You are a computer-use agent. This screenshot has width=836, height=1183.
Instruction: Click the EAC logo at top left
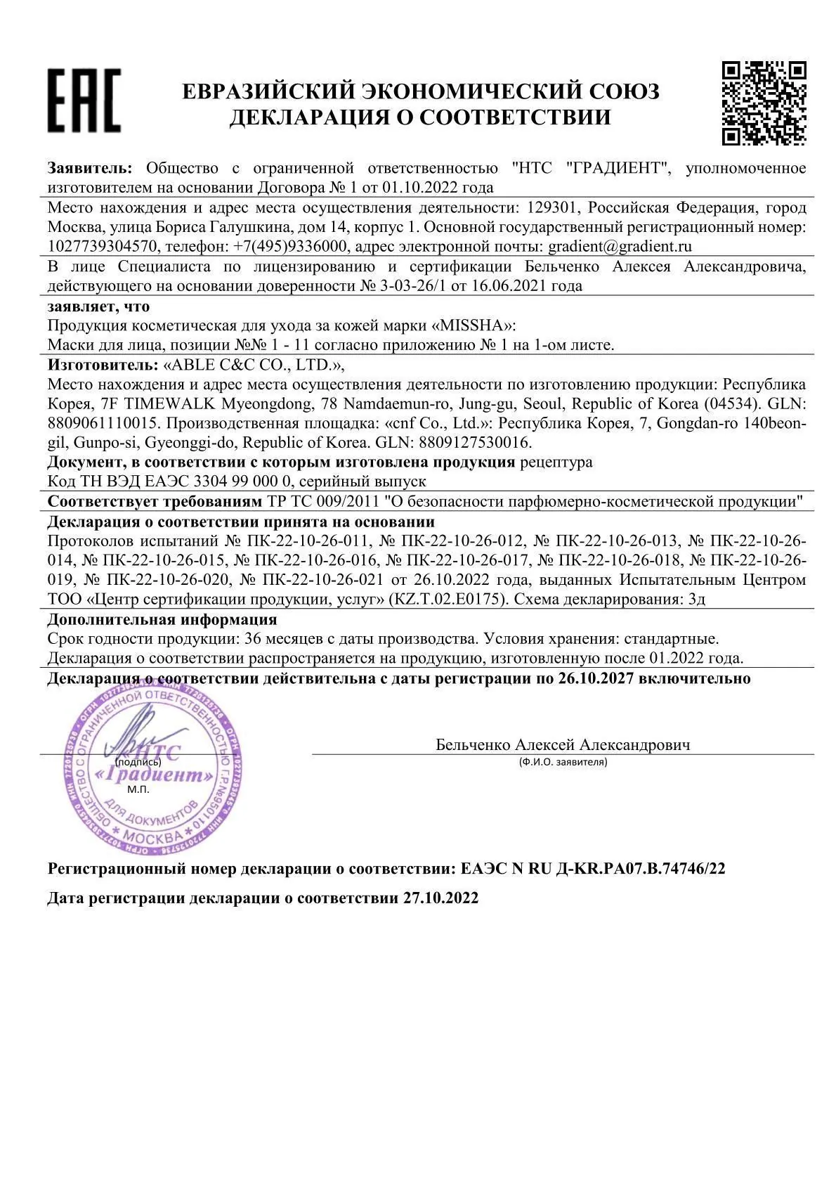84,100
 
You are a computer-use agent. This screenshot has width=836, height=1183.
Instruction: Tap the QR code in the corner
764,103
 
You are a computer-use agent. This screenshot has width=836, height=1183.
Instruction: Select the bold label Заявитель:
89,168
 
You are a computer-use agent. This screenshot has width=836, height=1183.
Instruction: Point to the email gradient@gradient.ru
620,246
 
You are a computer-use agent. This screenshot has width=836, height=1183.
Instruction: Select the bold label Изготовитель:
103,365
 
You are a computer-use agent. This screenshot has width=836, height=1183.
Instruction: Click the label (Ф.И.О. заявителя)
563,761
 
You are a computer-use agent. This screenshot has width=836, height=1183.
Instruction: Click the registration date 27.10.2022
440,898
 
